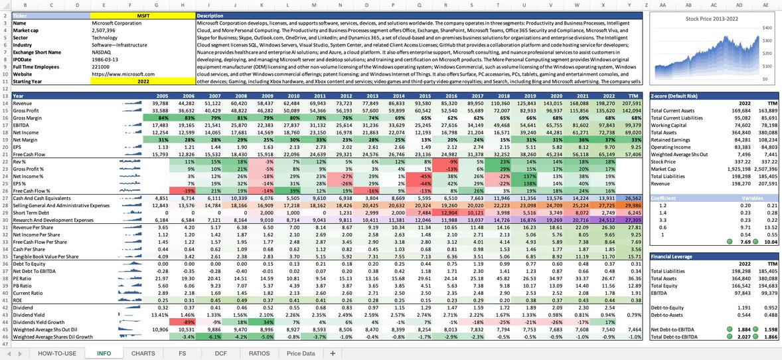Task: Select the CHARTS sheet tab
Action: pyautogui.click(x=143, y=353)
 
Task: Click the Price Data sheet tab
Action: pyautogui.click(x=301, y=353)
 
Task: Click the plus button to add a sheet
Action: pyautogui.click(x=333, y=353)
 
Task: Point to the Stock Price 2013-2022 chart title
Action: pyautogui.click(x=712, y=19)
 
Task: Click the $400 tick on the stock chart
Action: pyautogui.click(x=767, y=29)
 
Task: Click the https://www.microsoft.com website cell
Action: pyautogui.click(x=123, y=74)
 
